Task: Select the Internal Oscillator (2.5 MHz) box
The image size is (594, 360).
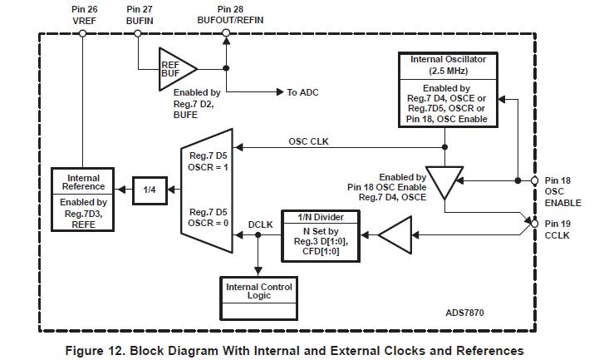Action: pos(449,90)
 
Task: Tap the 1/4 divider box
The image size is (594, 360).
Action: pos(150,190)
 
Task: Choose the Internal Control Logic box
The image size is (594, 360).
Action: pos(259,292)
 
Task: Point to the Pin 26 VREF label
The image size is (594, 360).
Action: pos(85,15)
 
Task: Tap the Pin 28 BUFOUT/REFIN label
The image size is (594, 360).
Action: pos(226,15)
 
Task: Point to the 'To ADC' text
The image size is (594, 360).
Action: pos(303,92)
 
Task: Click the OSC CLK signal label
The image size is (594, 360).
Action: pos(308,141)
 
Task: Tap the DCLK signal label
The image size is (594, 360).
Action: pos(260,224)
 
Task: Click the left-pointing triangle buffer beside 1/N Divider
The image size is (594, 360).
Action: pos(397,235)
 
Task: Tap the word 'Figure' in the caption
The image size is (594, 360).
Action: pos(87,350)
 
